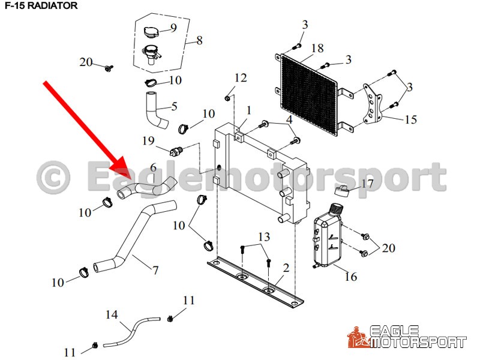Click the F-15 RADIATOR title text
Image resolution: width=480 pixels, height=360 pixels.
click(x=41, y=5)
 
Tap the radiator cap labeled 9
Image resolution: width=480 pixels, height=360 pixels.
click(x=151, y=32)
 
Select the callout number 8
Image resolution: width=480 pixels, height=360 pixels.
click(x=199, y=40)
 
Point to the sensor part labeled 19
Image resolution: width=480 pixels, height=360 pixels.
click(x=176, y=151)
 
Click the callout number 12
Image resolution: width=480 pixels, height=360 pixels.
click(x=241, y=78)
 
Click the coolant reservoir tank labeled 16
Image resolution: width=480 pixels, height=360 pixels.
click(x=327, y=236)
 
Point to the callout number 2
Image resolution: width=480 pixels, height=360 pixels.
click(x=286, y=268)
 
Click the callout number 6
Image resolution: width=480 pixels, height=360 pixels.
click(x=153, y=167)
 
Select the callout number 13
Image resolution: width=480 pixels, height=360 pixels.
click(x=264, y=236)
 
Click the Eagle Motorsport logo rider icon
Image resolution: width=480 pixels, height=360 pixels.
click(x=358, y=337)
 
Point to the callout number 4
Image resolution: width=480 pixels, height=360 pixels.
click(x=289, y=119)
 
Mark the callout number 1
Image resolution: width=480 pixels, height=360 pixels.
click(x=248, y=110)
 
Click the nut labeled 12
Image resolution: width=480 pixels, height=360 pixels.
click(x=227, y=98)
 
